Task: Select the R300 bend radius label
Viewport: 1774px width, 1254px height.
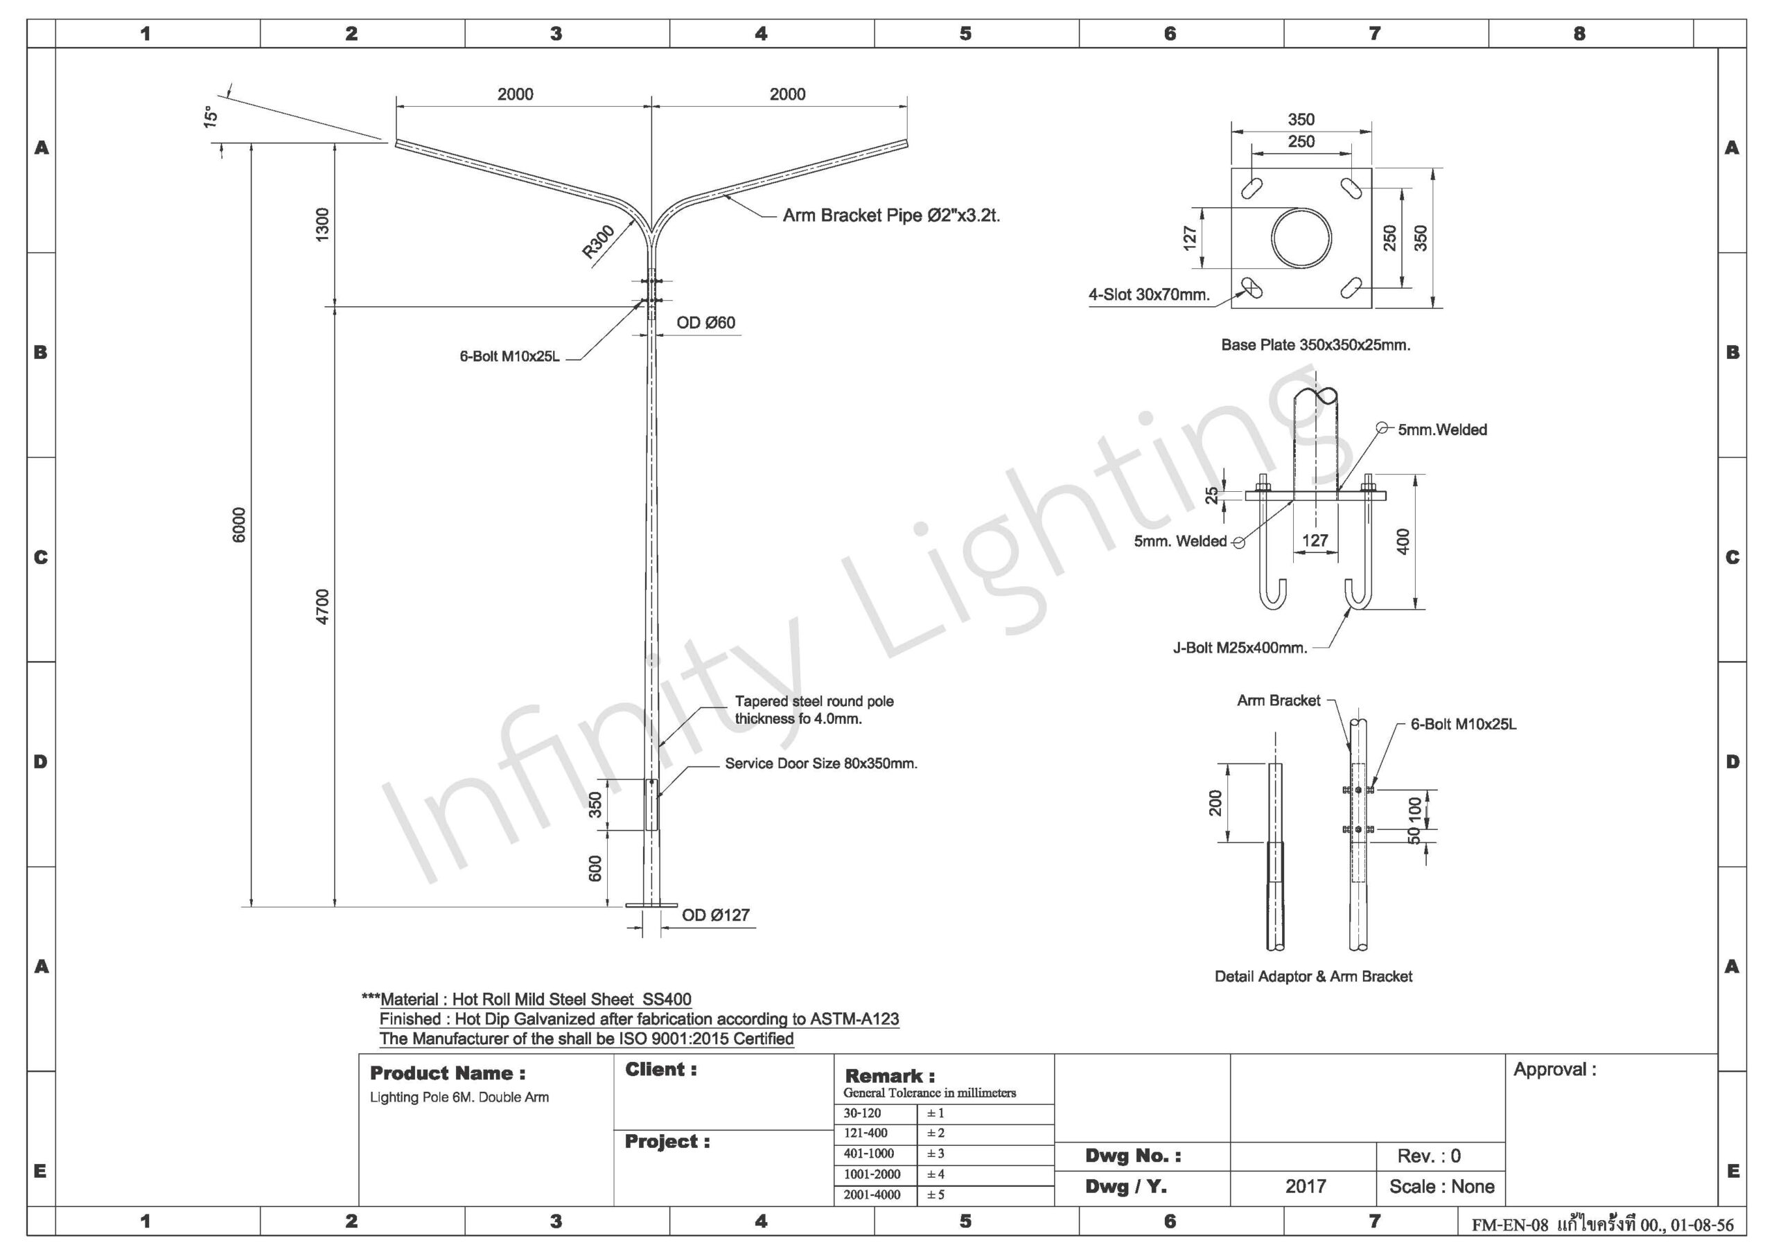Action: (598, 241)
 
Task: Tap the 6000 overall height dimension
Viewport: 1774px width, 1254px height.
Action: (239, 524)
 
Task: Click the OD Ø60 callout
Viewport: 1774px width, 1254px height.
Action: (705, 323)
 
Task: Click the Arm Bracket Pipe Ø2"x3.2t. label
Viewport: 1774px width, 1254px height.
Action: (892, 215)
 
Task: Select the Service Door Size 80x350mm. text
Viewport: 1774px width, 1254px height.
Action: (821, 763)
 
